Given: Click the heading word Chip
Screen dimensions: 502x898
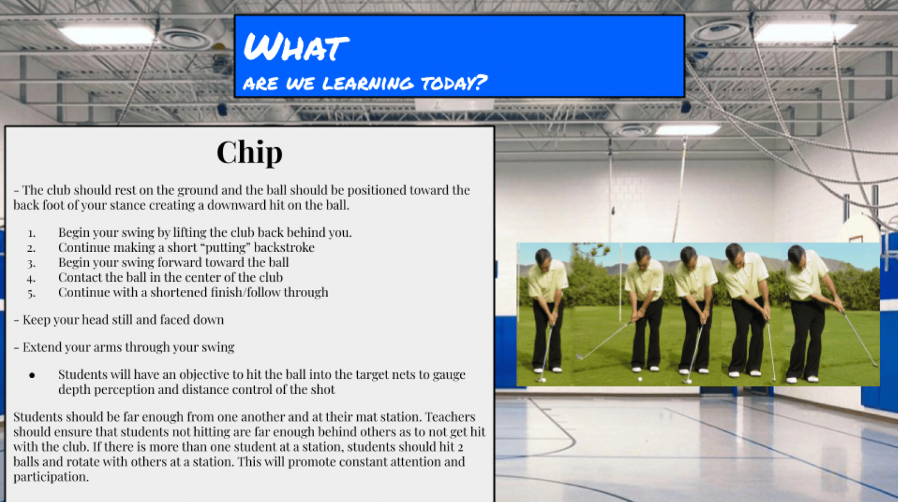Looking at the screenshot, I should tap(250, 153).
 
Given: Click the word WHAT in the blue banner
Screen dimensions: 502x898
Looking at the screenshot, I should tap(296, 47).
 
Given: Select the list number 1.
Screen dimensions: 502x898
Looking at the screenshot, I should tap(32, 233).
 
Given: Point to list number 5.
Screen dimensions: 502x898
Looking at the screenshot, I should tap(32, 293).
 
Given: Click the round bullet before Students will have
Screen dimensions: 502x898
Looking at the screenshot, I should tap(32, 375).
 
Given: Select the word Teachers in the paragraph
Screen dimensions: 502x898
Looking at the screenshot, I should tap(450, 417).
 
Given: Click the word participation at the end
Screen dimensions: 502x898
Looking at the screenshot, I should tap(50, 477).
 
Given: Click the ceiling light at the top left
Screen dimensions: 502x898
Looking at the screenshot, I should tap(106, 35).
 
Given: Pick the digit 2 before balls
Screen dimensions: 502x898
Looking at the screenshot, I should tap(460, 448).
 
